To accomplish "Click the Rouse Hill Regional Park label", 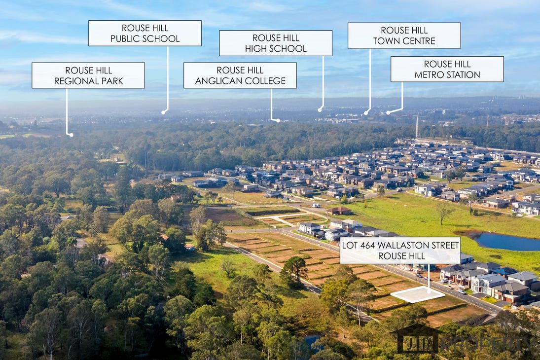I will [88, 75].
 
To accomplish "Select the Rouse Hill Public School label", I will [144, 33].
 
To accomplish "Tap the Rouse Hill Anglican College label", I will [240, 75].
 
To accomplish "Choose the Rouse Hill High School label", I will [275, 43].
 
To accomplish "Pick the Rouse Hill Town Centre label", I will [404, 36].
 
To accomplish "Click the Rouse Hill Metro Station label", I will [447, 69].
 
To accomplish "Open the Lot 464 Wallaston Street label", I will [400, 250].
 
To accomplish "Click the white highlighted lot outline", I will [417, 294].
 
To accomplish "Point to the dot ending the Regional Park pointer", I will [71, 135].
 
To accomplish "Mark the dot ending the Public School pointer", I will [163, 112].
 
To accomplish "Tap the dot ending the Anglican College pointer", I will [278, 120].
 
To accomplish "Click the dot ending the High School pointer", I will [320, 109].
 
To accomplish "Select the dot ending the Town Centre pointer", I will [365, 113].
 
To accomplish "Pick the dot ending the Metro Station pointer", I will [388, 113].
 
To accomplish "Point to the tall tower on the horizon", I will [417, 126].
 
